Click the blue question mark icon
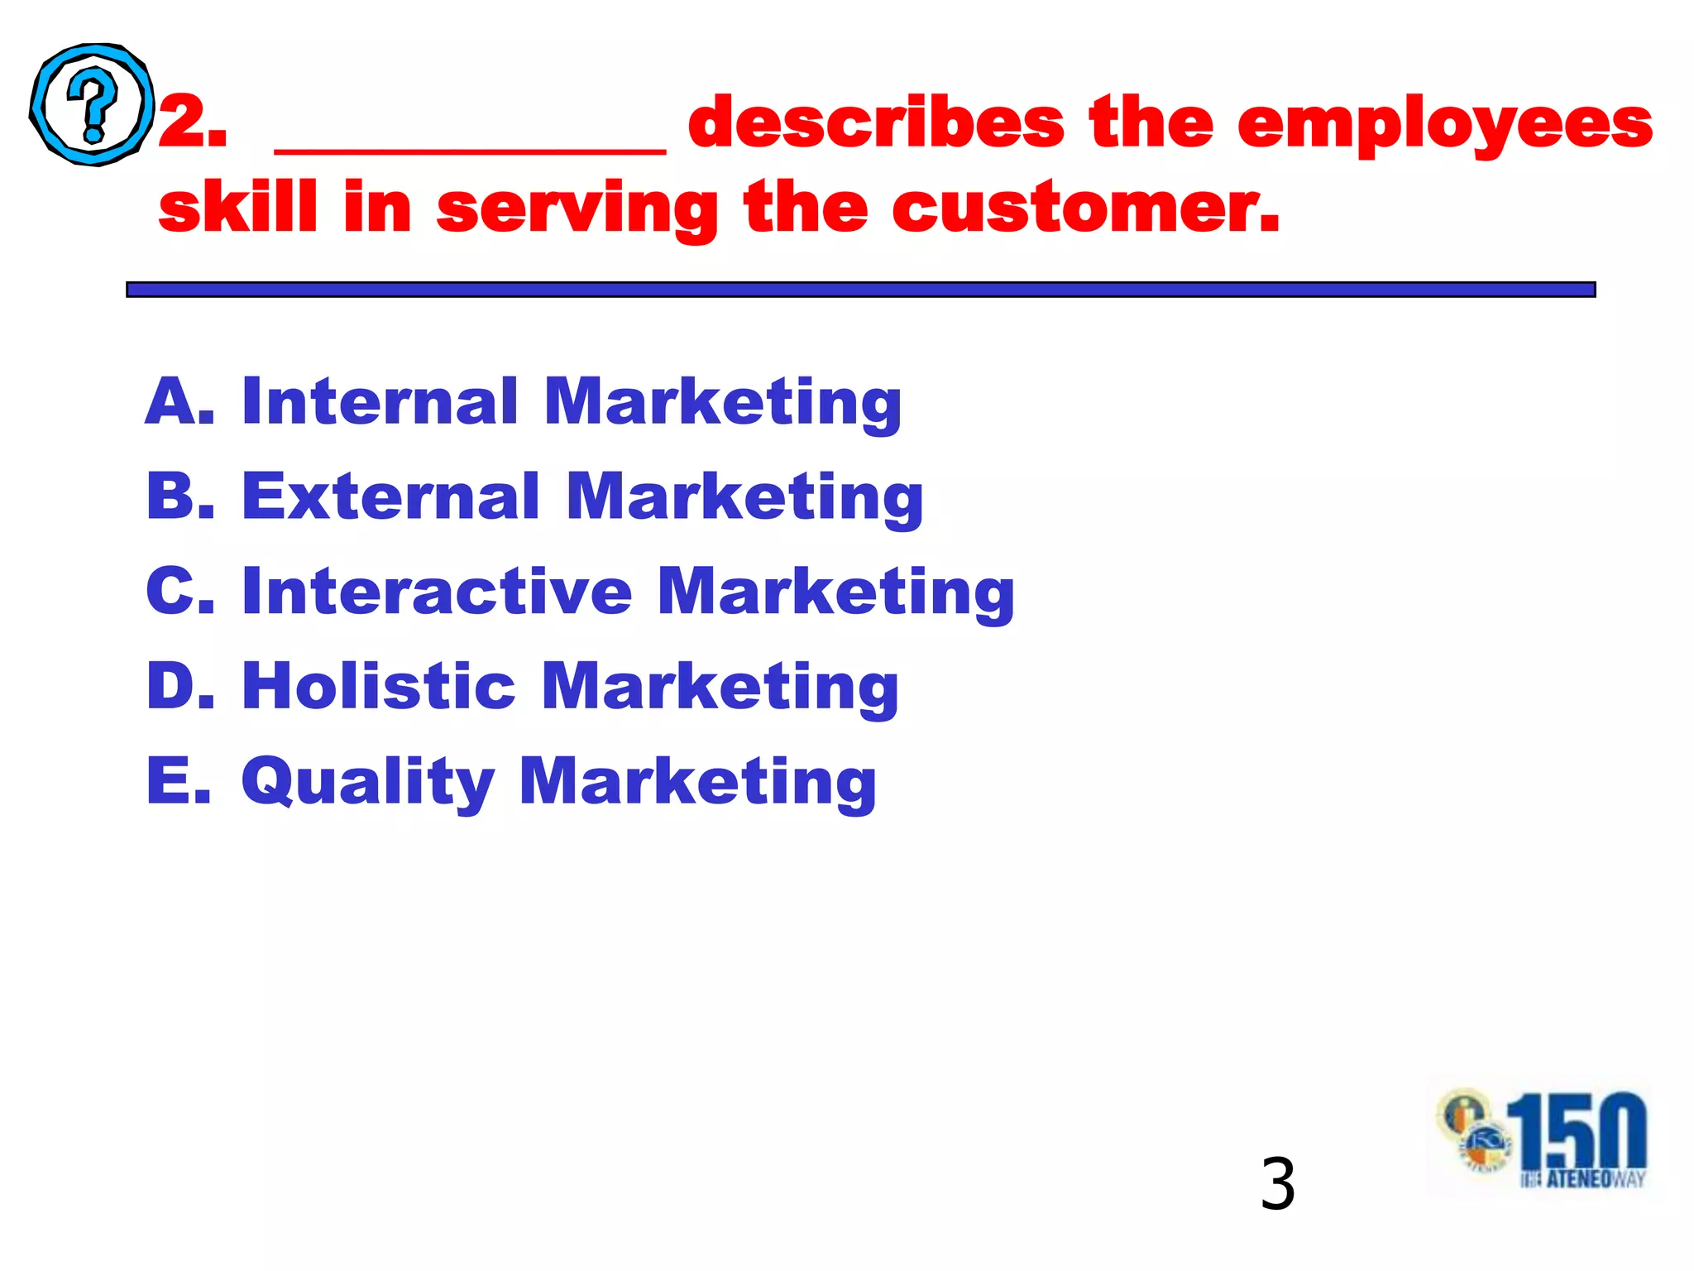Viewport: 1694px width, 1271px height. pyautogui.click(x=92, y=104)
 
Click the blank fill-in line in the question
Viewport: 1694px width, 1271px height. pyautogui.click(x=469, y=149)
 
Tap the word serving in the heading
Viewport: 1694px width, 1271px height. pyautogui.click(x=577, y=209)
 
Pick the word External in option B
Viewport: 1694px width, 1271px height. pyautogui.click(x=390, y=496)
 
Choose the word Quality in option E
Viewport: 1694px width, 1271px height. pyautogui.click(x=367, y=782)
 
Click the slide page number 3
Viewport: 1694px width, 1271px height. pyautogui.click(x=1277, y=1185)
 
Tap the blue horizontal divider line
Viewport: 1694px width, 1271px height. pyautogui.click(x=860, y=289)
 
